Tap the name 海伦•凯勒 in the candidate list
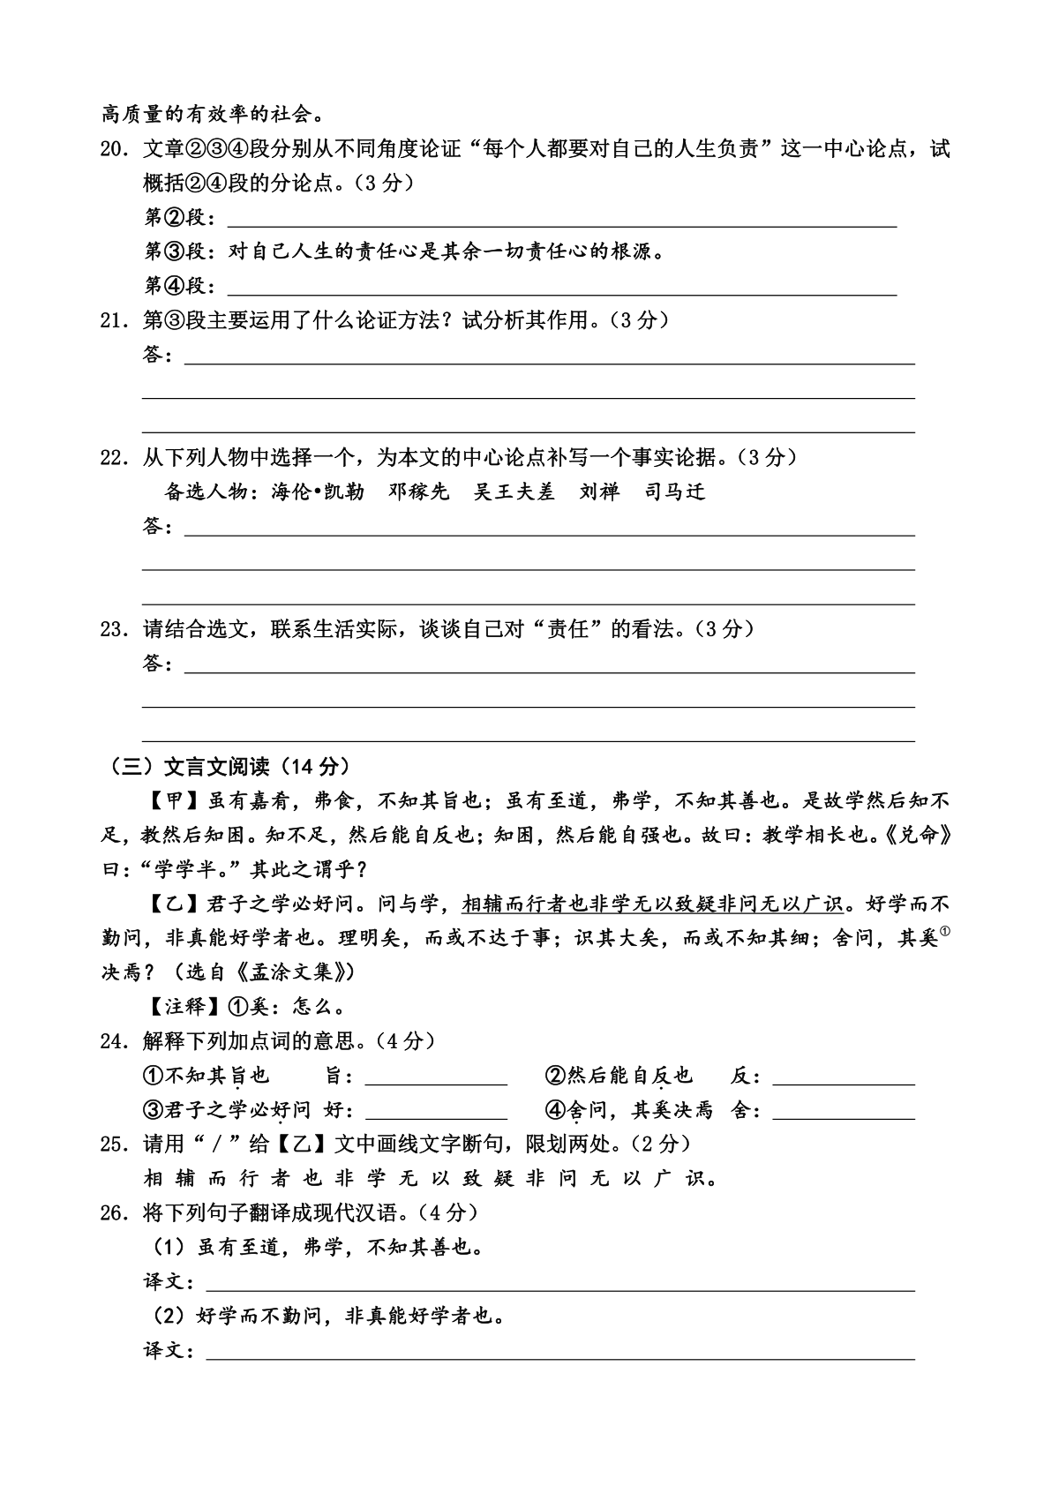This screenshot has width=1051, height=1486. (318, 492)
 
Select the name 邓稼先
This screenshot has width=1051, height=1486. (419, 492)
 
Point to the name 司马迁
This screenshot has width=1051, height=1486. (675, 492)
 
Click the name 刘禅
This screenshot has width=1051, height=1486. (599, 492)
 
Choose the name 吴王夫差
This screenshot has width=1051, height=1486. (514, 492)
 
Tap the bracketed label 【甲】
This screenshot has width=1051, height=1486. (175, 801)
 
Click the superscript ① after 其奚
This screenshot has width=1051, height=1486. (945, 932)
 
